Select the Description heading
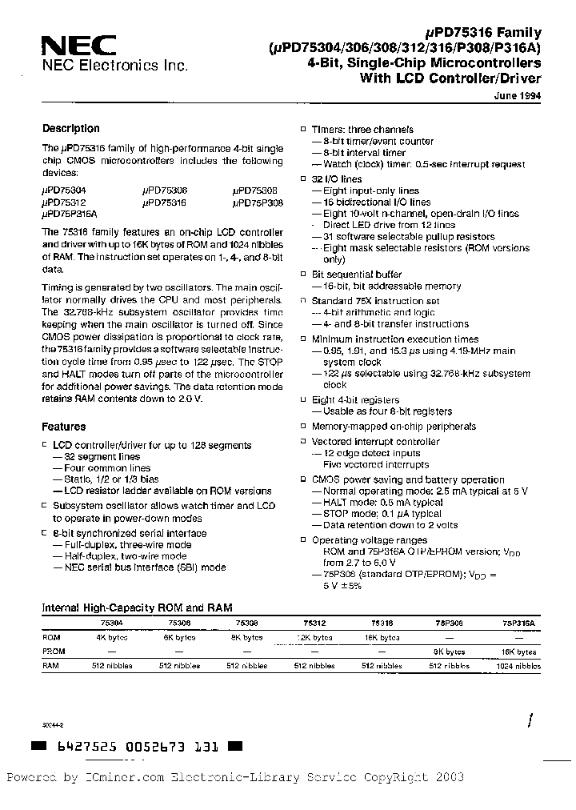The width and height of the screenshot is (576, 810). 70,129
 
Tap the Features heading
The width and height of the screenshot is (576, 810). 63,427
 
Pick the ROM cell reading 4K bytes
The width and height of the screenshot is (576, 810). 112,638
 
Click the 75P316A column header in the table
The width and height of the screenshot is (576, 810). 519,622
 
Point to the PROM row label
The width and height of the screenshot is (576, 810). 54,652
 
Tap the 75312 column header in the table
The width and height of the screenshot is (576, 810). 314,622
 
